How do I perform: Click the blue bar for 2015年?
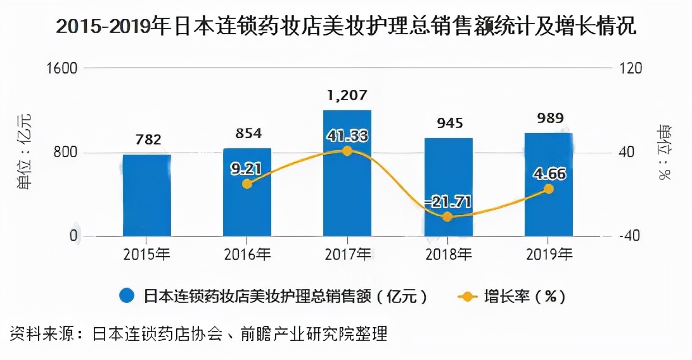[147, 195]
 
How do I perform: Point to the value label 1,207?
[347, 96]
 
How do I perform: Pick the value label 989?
[549, 118]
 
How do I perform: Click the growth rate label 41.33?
[347, 136]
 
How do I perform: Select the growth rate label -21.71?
[447, 202]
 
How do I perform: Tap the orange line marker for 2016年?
[247, 184]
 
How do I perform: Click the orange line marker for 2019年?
[549, 189]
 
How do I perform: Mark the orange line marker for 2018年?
[447, 217]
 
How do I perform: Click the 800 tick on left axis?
[67, 152]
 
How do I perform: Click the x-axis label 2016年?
[247, 255]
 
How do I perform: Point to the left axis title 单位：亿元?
[23, 152]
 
